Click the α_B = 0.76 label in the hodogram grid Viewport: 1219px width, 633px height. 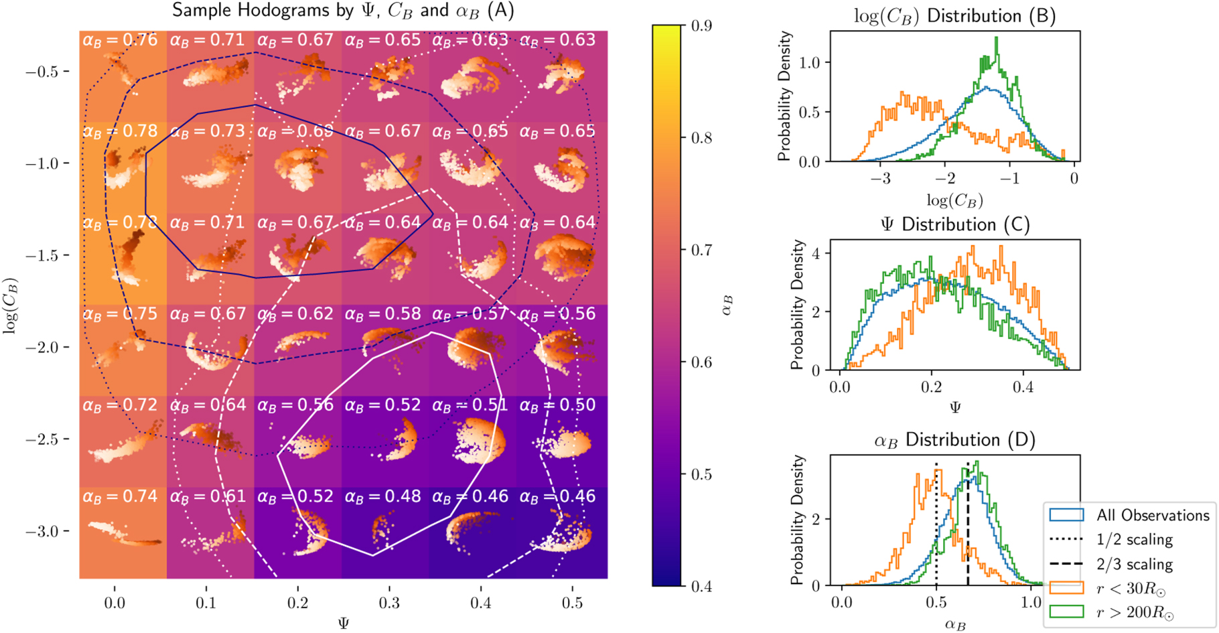click(120, 40)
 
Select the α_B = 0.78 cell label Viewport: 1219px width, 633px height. click(120, 131)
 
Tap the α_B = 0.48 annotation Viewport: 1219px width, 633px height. click(382, 496)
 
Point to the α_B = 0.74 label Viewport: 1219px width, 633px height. click(120, 496)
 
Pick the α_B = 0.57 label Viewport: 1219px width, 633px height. click(470, 313)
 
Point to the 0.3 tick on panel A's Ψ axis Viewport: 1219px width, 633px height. click(389, 603)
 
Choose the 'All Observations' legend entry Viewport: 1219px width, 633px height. click(1153, 515)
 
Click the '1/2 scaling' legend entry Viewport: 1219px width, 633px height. click(1135, 539)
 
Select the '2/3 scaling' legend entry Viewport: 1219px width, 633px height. click(1135, 564)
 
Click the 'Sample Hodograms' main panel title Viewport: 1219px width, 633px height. click(343, 11)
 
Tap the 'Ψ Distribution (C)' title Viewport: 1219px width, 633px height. click(954, 224)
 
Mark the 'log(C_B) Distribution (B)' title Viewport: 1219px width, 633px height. click(954, 16)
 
